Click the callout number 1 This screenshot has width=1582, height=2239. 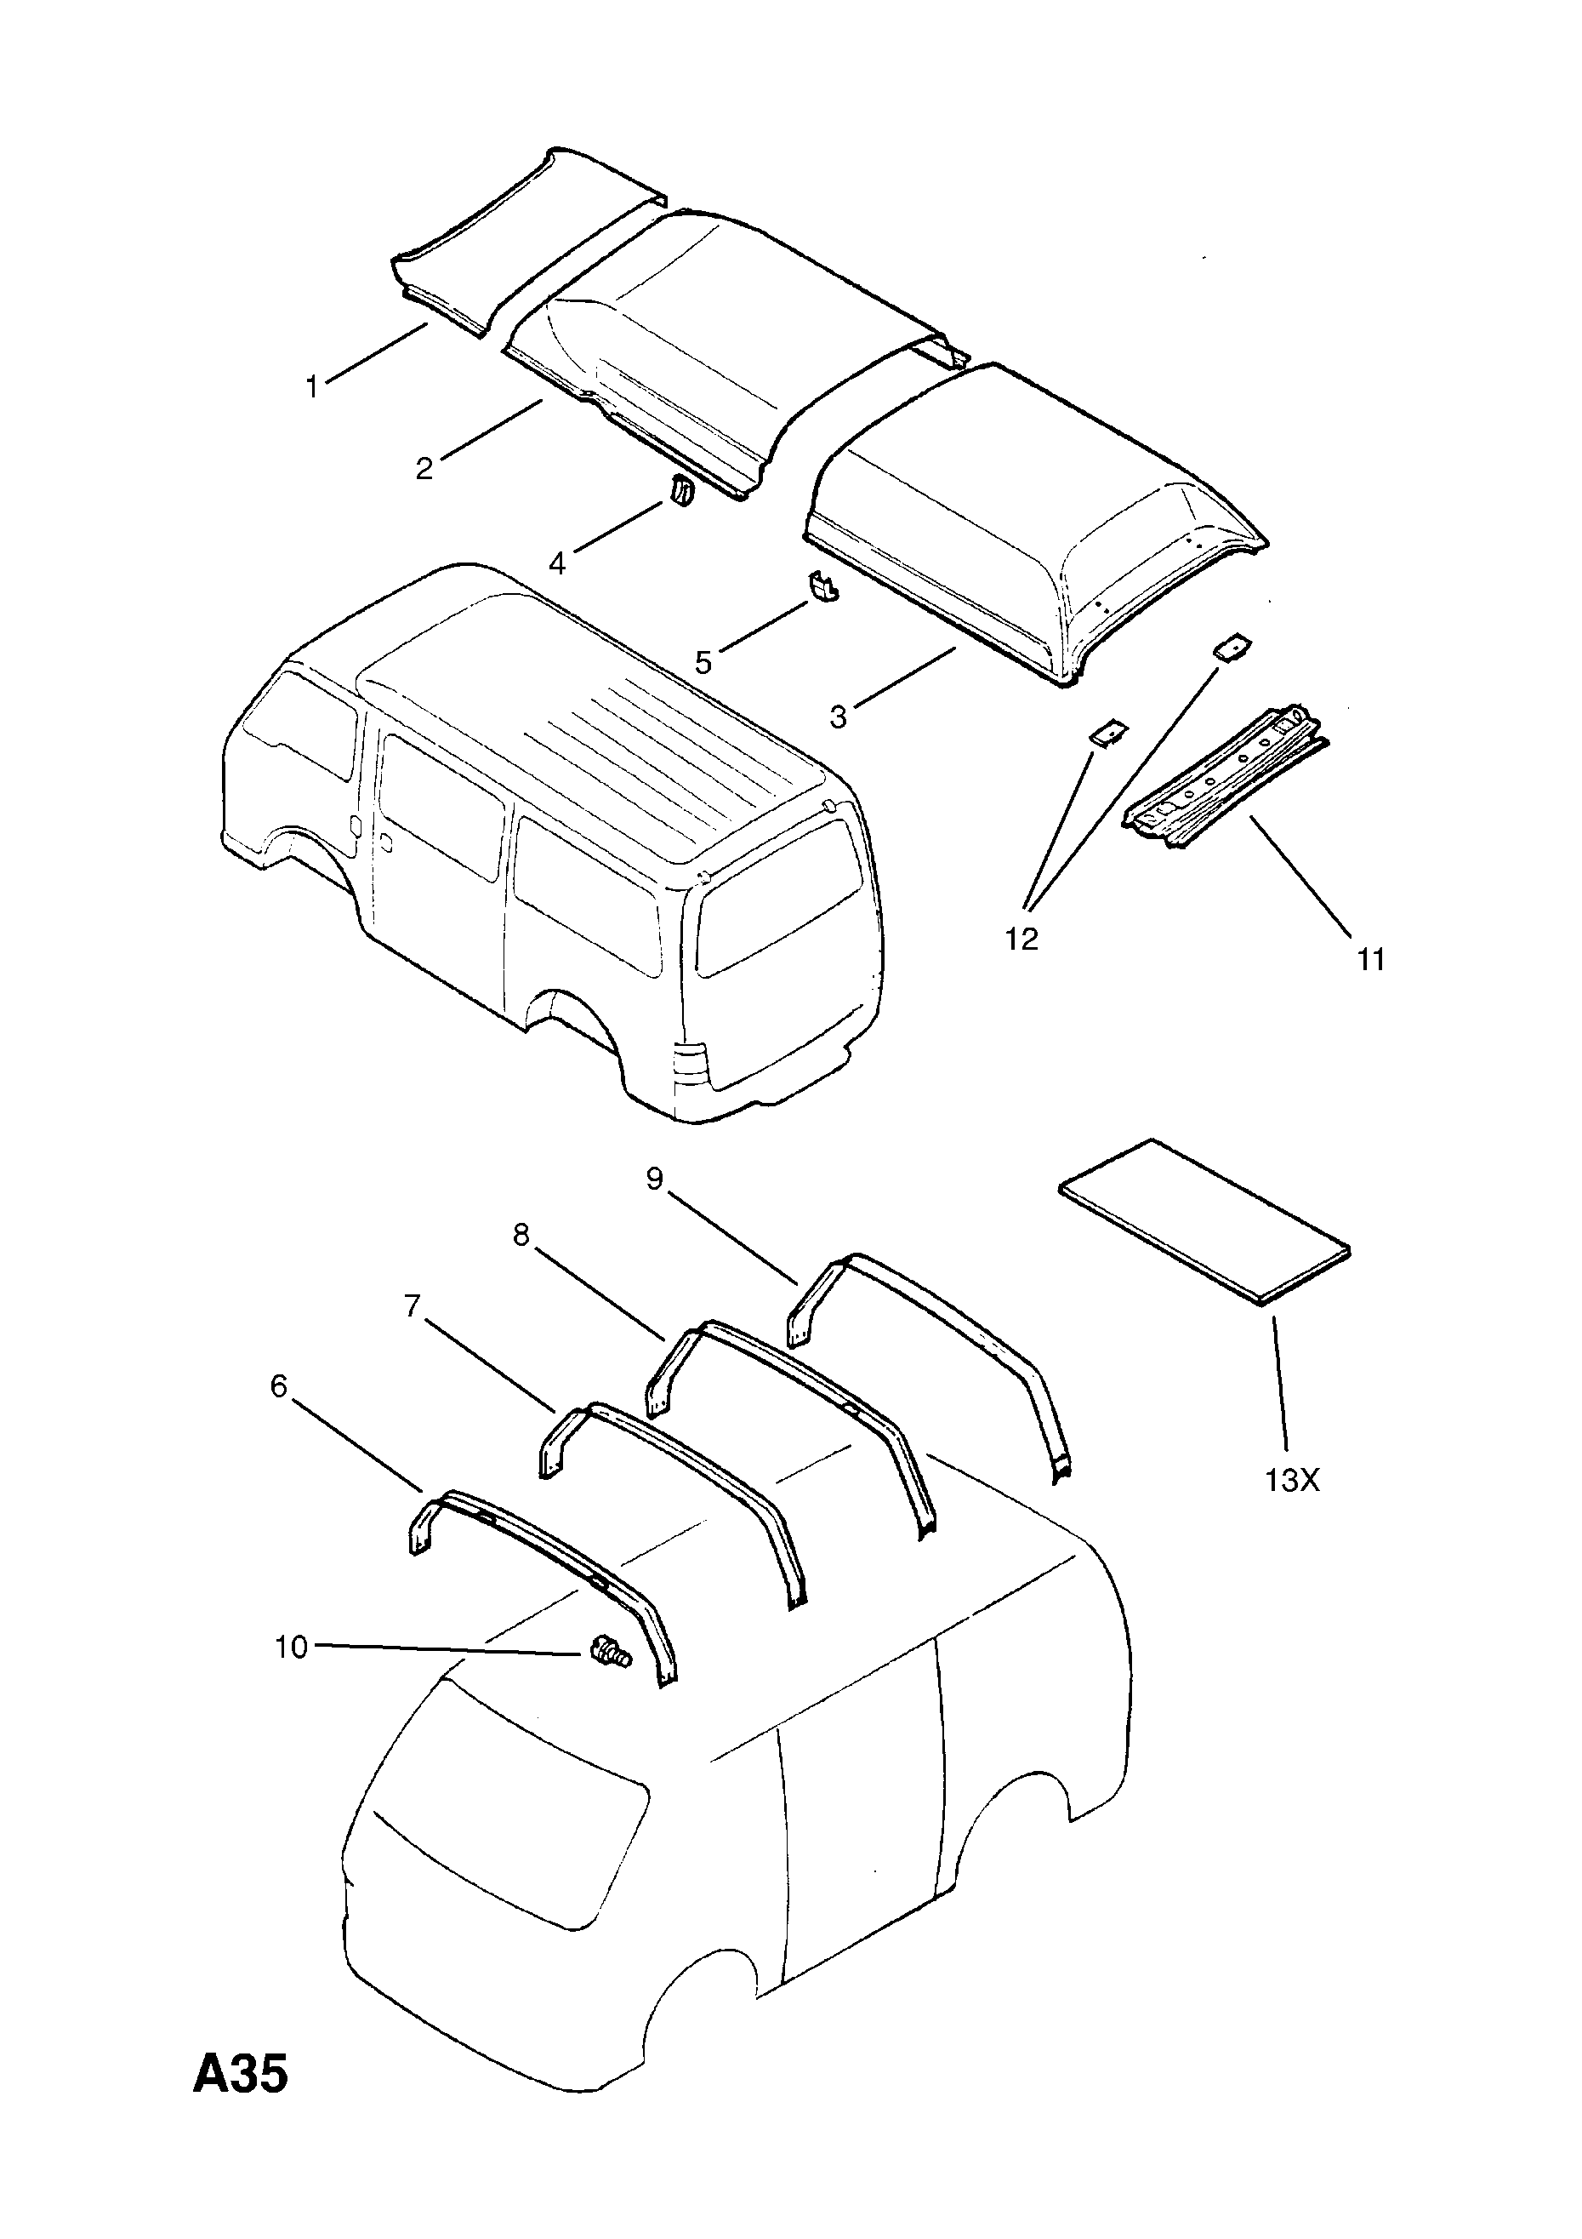point(312,387)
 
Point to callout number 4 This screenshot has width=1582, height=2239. point(556,563)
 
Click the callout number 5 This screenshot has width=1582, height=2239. point(703,662)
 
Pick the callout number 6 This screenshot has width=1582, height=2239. point(279,1385)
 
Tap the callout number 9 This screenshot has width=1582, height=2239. point(654,1179)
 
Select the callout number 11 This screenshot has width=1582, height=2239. point(1370,960)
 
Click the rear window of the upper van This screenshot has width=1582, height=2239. point(780,897)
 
